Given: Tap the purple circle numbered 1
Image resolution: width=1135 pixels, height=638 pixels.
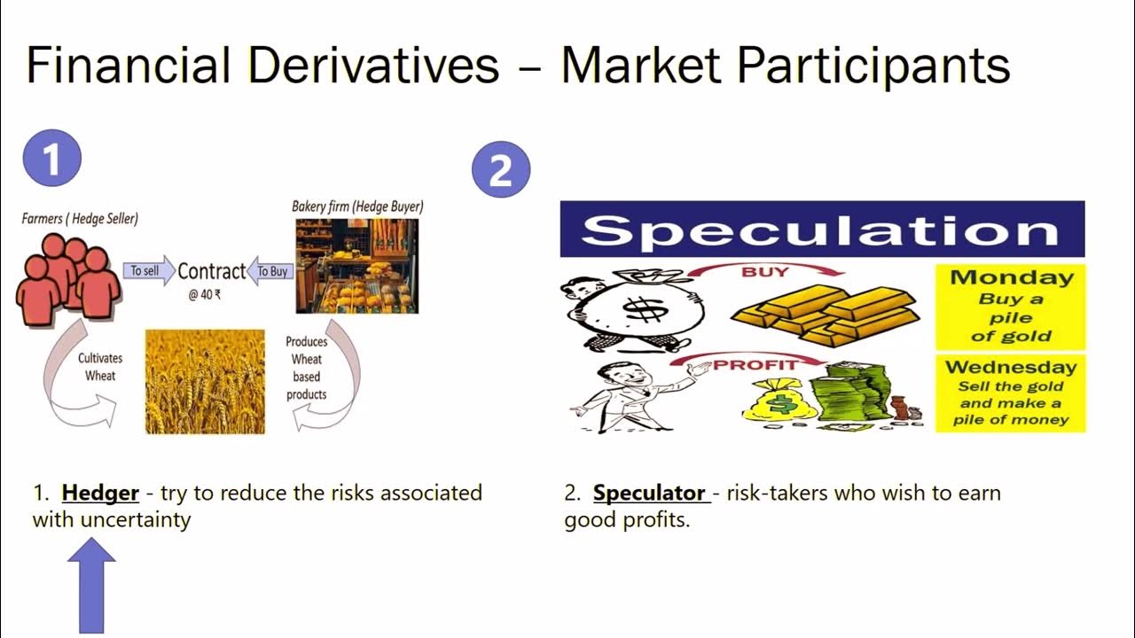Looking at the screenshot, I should [52, 159].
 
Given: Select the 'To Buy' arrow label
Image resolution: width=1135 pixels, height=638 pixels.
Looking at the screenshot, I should [270, 271].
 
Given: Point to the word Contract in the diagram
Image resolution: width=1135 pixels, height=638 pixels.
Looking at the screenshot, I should [211, 271].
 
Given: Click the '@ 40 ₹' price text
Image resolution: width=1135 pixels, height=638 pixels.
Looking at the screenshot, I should [204, 295].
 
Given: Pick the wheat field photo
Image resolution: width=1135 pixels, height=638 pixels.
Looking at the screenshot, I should [205, 382].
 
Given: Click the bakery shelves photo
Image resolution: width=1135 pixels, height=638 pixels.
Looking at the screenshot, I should [356, 266].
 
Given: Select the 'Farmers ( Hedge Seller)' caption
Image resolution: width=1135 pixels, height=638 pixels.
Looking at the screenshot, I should [80, 218].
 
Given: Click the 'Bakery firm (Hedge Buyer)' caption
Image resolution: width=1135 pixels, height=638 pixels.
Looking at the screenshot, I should [357, 206].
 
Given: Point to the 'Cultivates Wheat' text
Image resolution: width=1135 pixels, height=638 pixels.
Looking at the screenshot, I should [100, 367].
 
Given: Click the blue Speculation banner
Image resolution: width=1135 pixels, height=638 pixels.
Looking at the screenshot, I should [821, 230].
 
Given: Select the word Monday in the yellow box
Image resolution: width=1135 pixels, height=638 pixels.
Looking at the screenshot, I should [1011, 277].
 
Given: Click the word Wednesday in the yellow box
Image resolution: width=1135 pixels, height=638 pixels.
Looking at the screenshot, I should [1011, 367].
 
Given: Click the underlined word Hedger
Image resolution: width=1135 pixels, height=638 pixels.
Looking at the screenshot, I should [100, 493].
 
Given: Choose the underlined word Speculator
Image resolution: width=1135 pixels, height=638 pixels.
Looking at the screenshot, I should [649, 493].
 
